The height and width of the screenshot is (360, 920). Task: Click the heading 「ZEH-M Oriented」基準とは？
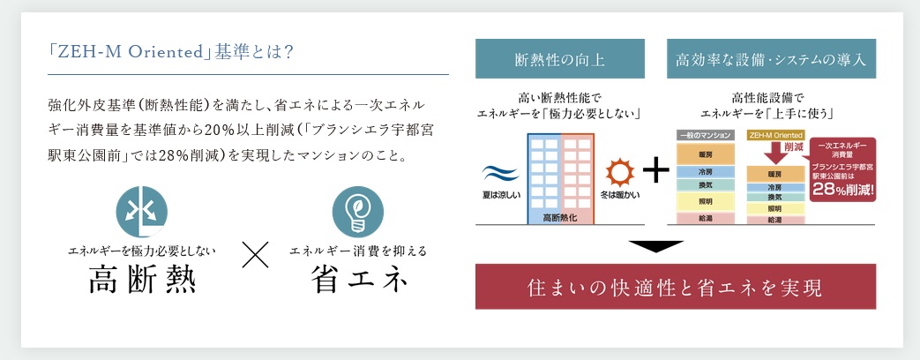(171, 53)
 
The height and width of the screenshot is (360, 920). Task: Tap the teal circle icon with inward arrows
(141, 212)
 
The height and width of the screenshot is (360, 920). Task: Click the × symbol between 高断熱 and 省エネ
(255, 254)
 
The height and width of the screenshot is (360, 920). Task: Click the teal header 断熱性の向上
(560, 59)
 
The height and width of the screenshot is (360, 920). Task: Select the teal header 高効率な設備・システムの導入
(771, 59)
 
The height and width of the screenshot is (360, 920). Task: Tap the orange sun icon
(620, 173)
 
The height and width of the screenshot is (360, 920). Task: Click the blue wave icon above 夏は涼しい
(500, 174)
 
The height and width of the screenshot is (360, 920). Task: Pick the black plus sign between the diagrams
(655, 172)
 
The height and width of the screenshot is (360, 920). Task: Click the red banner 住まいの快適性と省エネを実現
(676, 287)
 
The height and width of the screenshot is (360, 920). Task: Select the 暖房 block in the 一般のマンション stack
(706, 154)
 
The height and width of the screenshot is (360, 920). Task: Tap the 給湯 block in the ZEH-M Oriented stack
(774, 219)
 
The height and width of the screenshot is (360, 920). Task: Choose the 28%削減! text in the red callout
(842, 190)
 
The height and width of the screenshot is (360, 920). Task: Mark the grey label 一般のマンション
(706, 135)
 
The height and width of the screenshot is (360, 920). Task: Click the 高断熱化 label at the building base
(560, 217)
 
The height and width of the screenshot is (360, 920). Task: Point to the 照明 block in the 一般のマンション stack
(706, 201)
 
